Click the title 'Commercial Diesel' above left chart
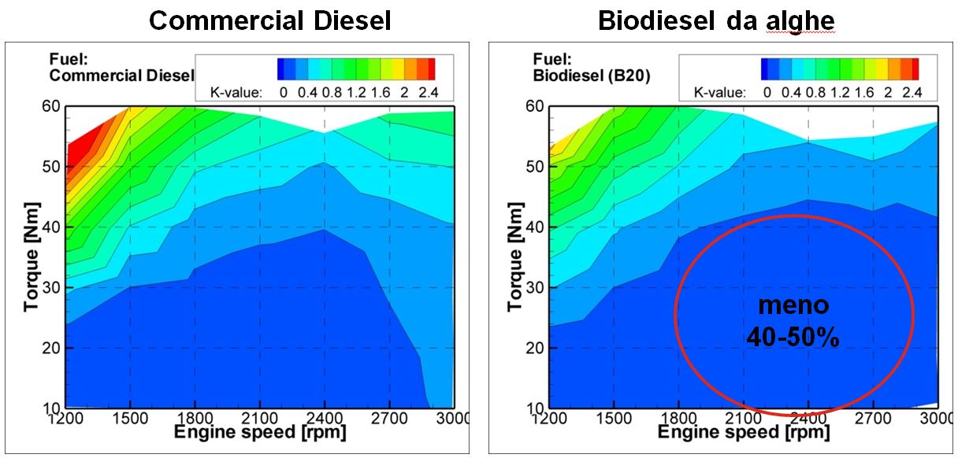pos(269,20)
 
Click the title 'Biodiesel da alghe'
pos(715,20)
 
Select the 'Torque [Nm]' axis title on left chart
pos(32,257)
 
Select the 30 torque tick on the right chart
pos(537,287)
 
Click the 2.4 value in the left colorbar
pos(428,93)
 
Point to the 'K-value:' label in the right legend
pos(718,93)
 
